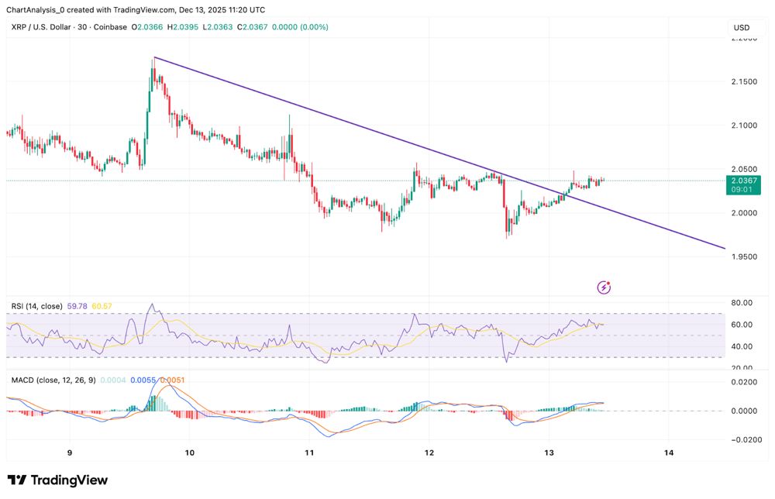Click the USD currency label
coord(742,28)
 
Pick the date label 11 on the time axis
coord(309,453)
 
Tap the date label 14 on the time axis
coord(669,453)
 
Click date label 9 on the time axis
coord(70,453)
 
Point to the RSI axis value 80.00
coord(742,303)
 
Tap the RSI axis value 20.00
coord(742,368)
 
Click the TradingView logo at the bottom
coord(57,480)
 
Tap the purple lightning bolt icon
coord(604,287)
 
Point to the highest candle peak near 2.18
coord(153,59)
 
